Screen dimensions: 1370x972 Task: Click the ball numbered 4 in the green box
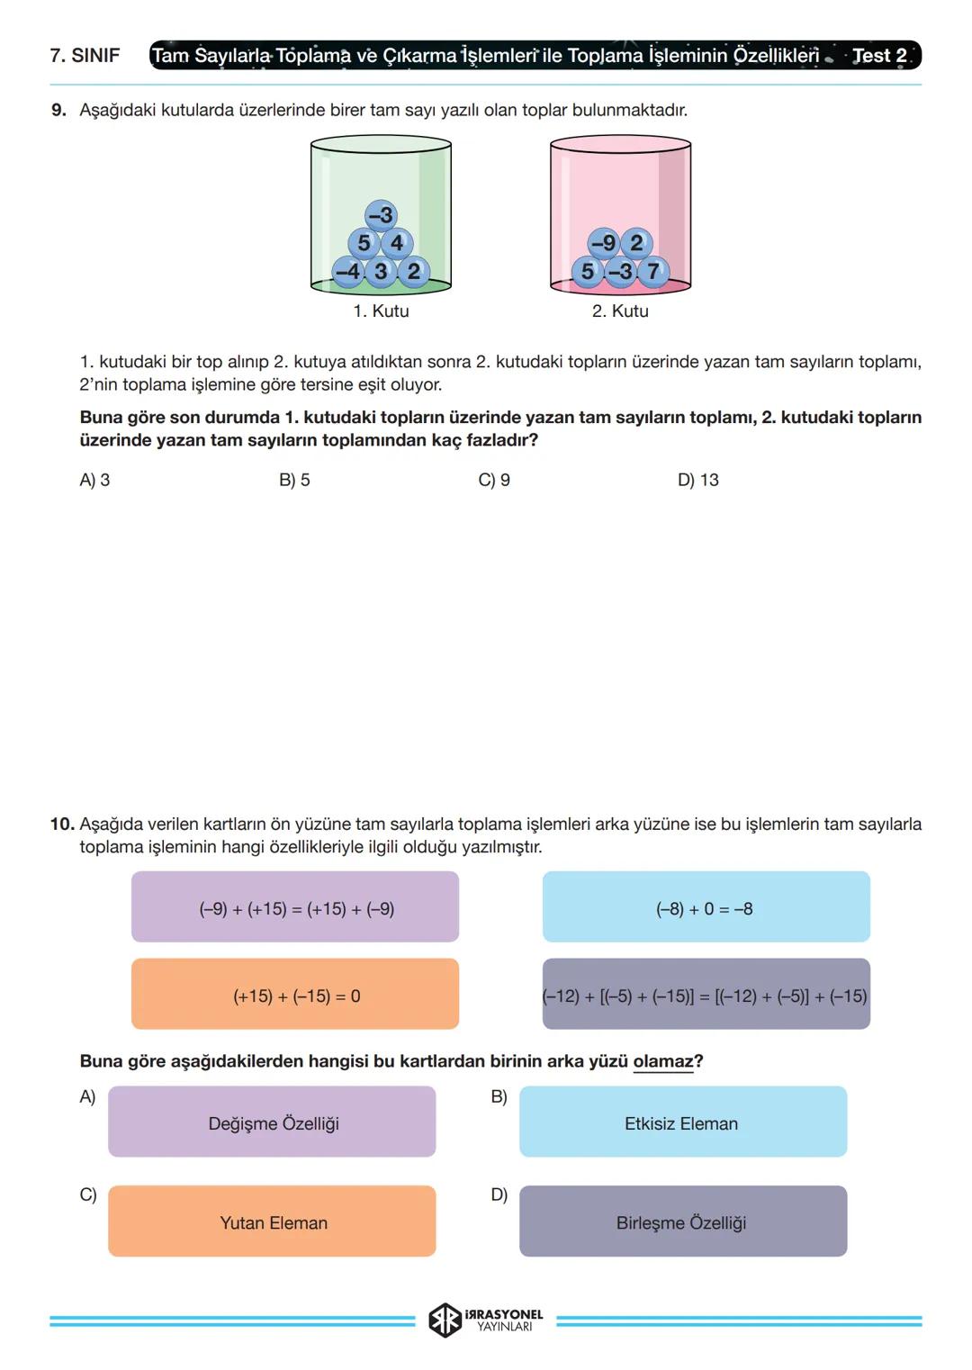[397, 243]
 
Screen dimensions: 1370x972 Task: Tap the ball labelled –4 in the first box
[347, 271]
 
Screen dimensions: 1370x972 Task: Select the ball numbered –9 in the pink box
[603, 243]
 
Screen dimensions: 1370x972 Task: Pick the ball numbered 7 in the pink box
[653, 271]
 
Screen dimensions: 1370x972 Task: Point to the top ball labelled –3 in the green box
[381, 215]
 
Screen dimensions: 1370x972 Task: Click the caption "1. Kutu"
[381, 311]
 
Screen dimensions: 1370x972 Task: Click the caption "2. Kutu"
[620, 311]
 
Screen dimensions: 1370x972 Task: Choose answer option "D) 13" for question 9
[698, 481]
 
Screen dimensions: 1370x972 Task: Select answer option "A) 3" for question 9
[94, 481]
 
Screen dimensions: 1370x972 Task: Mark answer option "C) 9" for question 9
[494, 481]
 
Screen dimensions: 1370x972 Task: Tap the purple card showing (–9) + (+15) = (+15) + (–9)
[295, 907]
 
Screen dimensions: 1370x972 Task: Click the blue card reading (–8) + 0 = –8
[706, 907]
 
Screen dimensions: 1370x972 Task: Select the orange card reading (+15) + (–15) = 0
[295, 995]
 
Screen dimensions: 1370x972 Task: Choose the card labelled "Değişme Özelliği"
[273, 1122]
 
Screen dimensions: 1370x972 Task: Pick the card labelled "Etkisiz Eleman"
[682, 1122]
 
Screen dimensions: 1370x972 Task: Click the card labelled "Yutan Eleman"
[273, 1222]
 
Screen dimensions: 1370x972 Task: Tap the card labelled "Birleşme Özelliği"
[682, 1222]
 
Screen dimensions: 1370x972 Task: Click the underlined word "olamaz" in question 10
[663, 1062]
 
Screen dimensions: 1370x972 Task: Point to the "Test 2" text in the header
[879, 56]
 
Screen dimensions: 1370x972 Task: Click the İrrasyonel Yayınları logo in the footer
[486, 1320]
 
